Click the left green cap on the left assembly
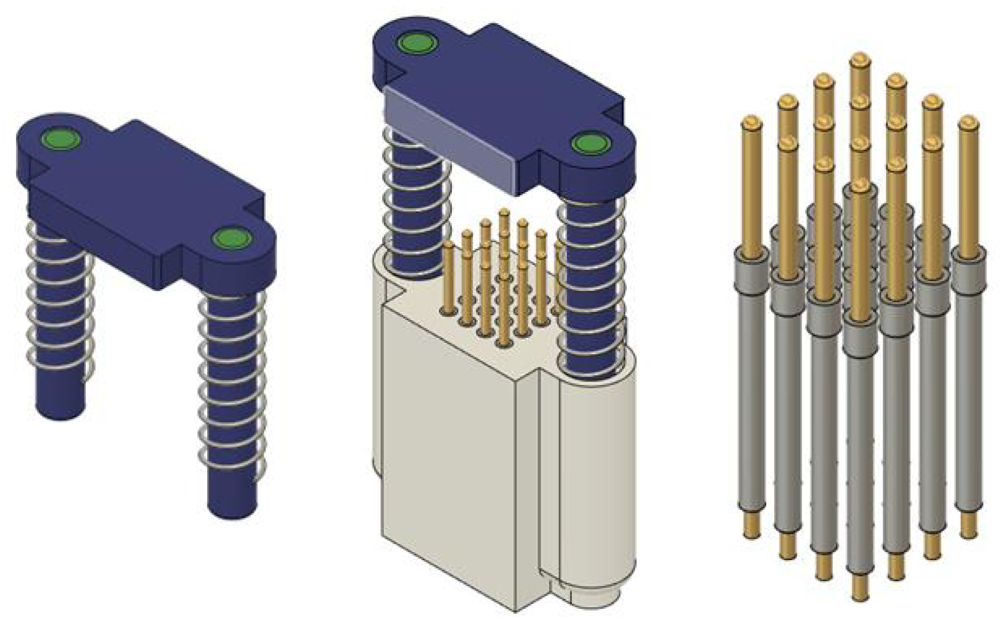61,138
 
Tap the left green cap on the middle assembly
417,43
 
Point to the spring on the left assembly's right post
232,387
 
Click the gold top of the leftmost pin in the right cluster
751,123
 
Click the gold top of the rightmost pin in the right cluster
967,123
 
